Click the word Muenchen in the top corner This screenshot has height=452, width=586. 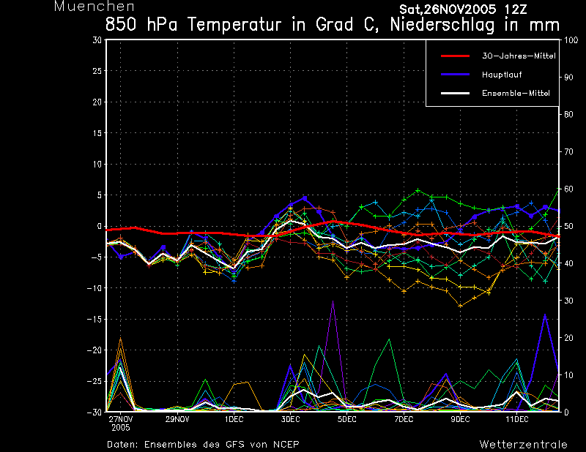[x=84, y=7]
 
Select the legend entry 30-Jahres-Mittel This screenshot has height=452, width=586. [x=516, y=56]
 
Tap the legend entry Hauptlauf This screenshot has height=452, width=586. [x=502, y=74]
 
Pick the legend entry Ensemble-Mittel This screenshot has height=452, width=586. [x=516, y=93]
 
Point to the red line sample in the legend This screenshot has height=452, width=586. [x=455, y=56]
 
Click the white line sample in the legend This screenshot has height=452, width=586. [x=455, y=93]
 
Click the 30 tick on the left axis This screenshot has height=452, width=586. [x=97, y=40]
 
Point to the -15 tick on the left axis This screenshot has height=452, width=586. [x=94, y=319]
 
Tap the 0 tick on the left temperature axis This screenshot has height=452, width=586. [x=100, y=226]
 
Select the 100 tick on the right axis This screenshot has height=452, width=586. [x=573, y=40]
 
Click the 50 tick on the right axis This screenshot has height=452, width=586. [x=570, y=226]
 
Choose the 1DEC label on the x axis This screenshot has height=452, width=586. [x=234, y=419]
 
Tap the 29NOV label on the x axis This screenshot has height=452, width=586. [x=177, y=419]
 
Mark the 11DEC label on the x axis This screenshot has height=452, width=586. [x=516, y=419]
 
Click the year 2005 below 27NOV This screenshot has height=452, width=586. [x=120, y=428]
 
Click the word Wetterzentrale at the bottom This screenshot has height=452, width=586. [x=523, y=444]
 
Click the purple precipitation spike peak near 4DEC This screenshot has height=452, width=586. [x=333, y=301]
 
